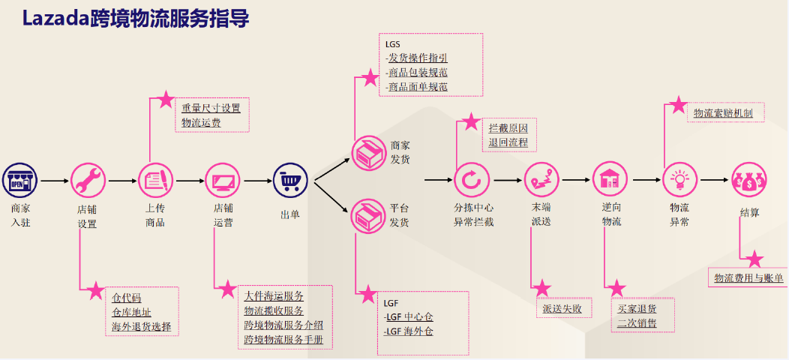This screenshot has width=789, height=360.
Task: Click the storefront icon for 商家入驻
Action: (20, 181)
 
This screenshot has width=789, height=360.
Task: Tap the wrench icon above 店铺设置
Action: (88, 181)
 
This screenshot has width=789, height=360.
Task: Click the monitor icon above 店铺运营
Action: (223, 181)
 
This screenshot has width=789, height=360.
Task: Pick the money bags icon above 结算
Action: (749, 180)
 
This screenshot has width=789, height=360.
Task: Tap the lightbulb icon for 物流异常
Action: (680, 180)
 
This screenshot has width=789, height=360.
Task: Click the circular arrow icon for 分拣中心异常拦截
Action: (472, 180)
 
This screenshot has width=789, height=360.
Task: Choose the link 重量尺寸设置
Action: (211, 108)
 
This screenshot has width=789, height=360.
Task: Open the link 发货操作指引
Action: (418, 58)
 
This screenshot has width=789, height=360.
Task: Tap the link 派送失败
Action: (562, 308)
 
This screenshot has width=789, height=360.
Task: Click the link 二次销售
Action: (637, 323)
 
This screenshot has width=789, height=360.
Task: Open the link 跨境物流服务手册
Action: (283, 339)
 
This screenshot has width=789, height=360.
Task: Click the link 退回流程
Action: (508, 142)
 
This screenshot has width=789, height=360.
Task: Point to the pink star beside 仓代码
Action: (95, 289)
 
